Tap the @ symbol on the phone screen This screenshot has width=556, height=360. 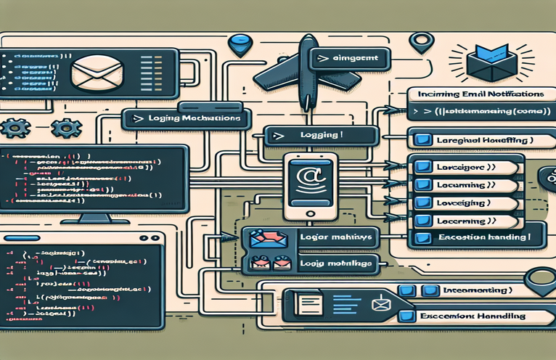305,176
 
